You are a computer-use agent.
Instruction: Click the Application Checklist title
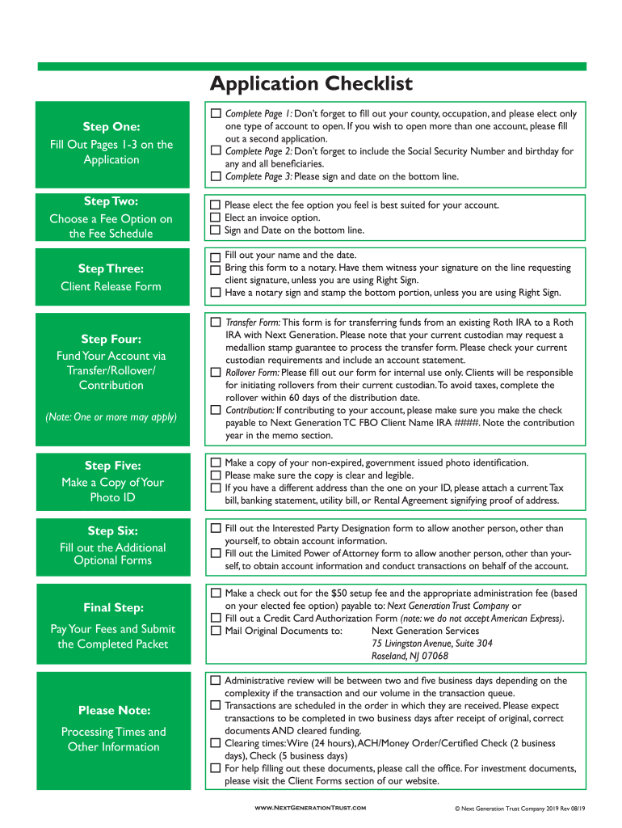[311, 84]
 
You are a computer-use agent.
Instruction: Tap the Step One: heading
[111, 127]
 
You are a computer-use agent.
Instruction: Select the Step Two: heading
[111, 201]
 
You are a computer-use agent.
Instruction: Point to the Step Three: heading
[111, 268]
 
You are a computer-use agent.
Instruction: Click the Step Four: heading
[111, 339]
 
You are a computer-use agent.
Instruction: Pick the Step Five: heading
[112, 465]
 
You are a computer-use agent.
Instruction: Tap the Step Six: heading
[112, 530]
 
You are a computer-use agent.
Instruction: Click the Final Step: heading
[113, 607]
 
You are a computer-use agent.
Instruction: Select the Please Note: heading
[114, 710]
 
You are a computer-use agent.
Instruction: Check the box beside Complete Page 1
[216, 114]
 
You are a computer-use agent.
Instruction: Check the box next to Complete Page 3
[216, 176]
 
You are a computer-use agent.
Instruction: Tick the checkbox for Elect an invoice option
[216, 218]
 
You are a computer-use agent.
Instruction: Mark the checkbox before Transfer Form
[216, 322]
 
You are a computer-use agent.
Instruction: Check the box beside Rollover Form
[216, 373]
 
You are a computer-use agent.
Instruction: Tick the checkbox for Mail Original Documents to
[216, 631]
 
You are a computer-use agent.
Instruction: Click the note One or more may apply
[111, 417]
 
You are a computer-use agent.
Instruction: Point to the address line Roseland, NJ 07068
[410, 656]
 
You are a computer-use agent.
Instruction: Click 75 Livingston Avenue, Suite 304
[432, 644]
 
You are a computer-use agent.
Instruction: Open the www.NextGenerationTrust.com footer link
[310, 808]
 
